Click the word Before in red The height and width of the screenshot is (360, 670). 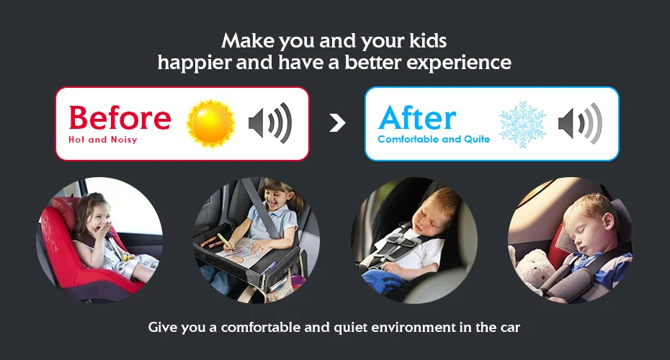point(120,117)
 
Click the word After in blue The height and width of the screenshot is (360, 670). point(417,117)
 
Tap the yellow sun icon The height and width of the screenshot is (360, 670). point(210,123)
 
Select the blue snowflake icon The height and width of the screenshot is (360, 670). point(522,125)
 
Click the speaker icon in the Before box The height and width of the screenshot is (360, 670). point(270,123)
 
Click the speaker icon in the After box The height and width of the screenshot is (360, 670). point(580,123)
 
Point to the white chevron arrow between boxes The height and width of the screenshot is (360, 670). point(337,123)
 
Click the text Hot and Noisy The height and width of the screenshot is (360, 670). point(102,140)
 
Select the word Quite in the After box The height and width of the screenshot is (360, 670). point(477,139)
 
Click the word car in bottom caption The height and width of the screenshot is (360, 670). point(510,328)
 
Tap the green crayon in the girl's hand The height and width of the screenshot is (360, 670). point(225,242)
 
